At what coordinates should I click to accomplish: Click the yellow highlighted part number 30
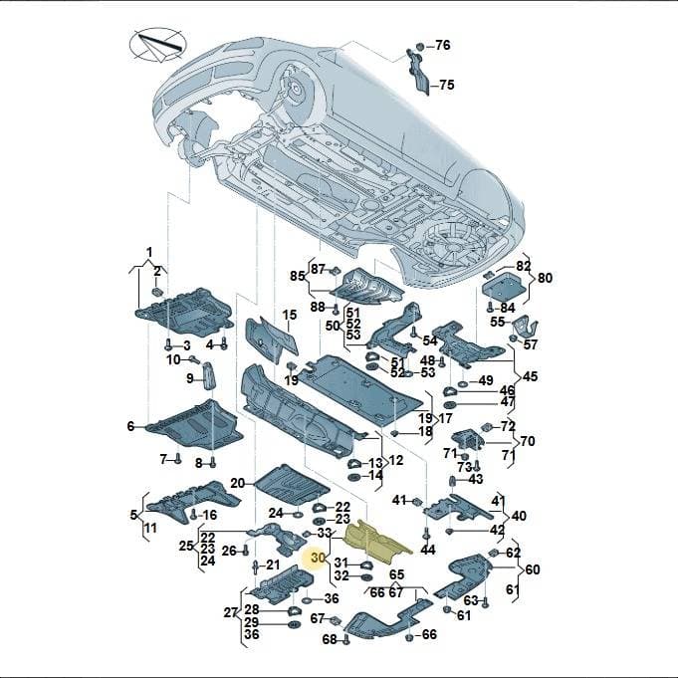coord(318,558)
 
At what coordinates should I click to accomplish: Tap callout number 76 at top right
coord(442,45)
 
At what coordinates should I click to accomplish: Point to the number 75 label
coord(447,85)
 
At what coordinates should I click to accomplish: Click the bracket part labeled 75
coord(418,72)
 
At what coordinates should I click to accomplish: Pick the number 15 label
coord(290,315)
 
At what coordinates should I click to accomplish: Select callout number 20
coord(237,483)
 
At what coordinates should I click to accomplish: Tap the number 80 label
coord(545,278)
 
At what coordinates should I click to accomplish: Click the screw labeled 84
coord(490,307)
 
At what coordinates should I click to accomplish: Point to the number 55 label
coord(497,322)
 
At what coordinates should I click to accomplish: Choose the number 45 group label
coord(530,376)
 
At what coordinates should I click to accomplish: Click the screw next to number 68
coord(345,639)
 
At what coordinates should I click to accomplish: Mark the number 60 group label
coord(533,569)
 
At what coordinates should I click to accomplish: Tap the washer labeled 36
coord(307,600)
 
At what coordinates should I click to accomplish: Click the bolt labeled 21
coord(256,567)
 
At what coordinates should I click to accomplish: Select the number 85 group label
coord(298,276)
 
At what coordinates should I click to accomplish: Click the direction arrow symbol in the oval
coord(158,45)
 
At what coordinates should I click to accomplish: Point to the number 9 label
coord(190,378)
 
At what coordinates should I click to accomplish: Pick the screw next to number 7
coord(177,459)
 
